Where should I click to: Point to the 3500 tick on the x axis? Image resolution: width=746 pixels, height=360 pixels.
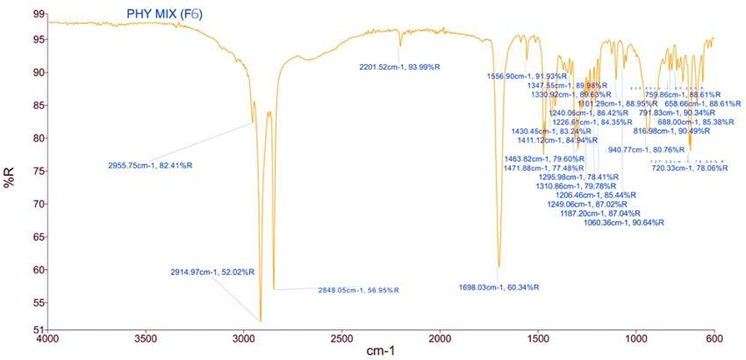click(146, 340)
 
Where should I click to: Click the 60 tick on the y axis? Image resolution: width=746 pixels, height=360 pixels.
click(36, 269)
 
